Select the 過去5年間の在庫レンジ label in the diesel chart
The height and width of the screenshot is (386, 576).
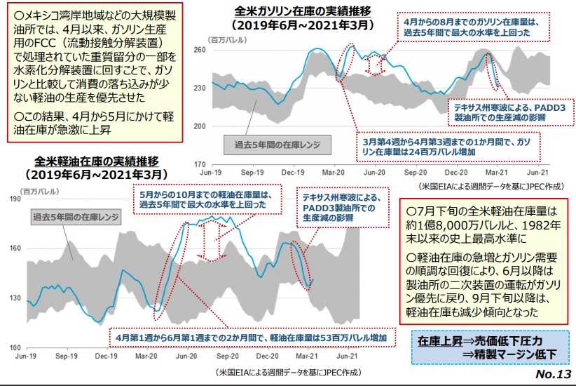coord(75,218)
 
